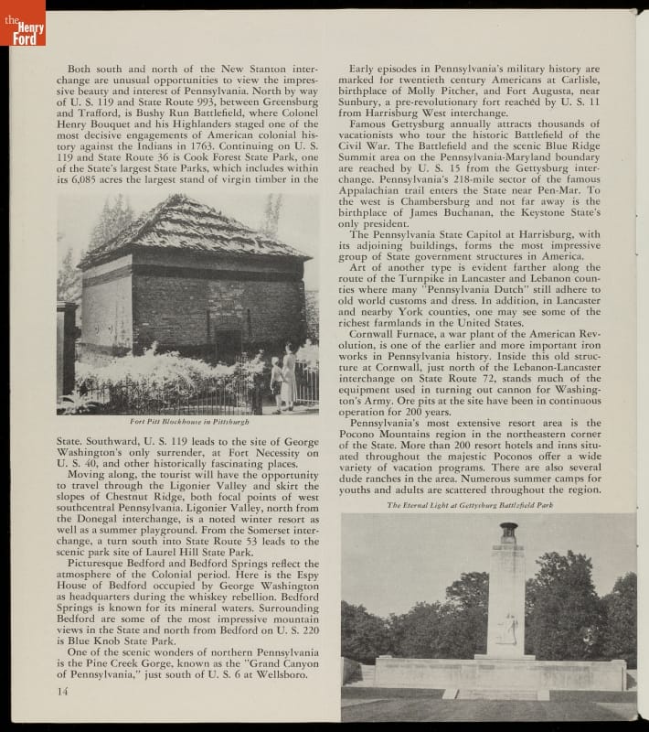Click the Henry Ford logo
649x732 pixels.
tap(22, 22)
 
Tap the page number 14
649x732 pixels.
tap(61, 691)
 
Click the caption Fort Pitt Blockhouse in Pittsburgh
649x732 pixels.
tap(188, 422)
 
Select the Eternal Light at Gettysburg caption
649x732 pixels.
tap(469, 505)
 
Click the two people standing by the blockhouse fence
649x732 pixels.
tap(282, 377)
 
